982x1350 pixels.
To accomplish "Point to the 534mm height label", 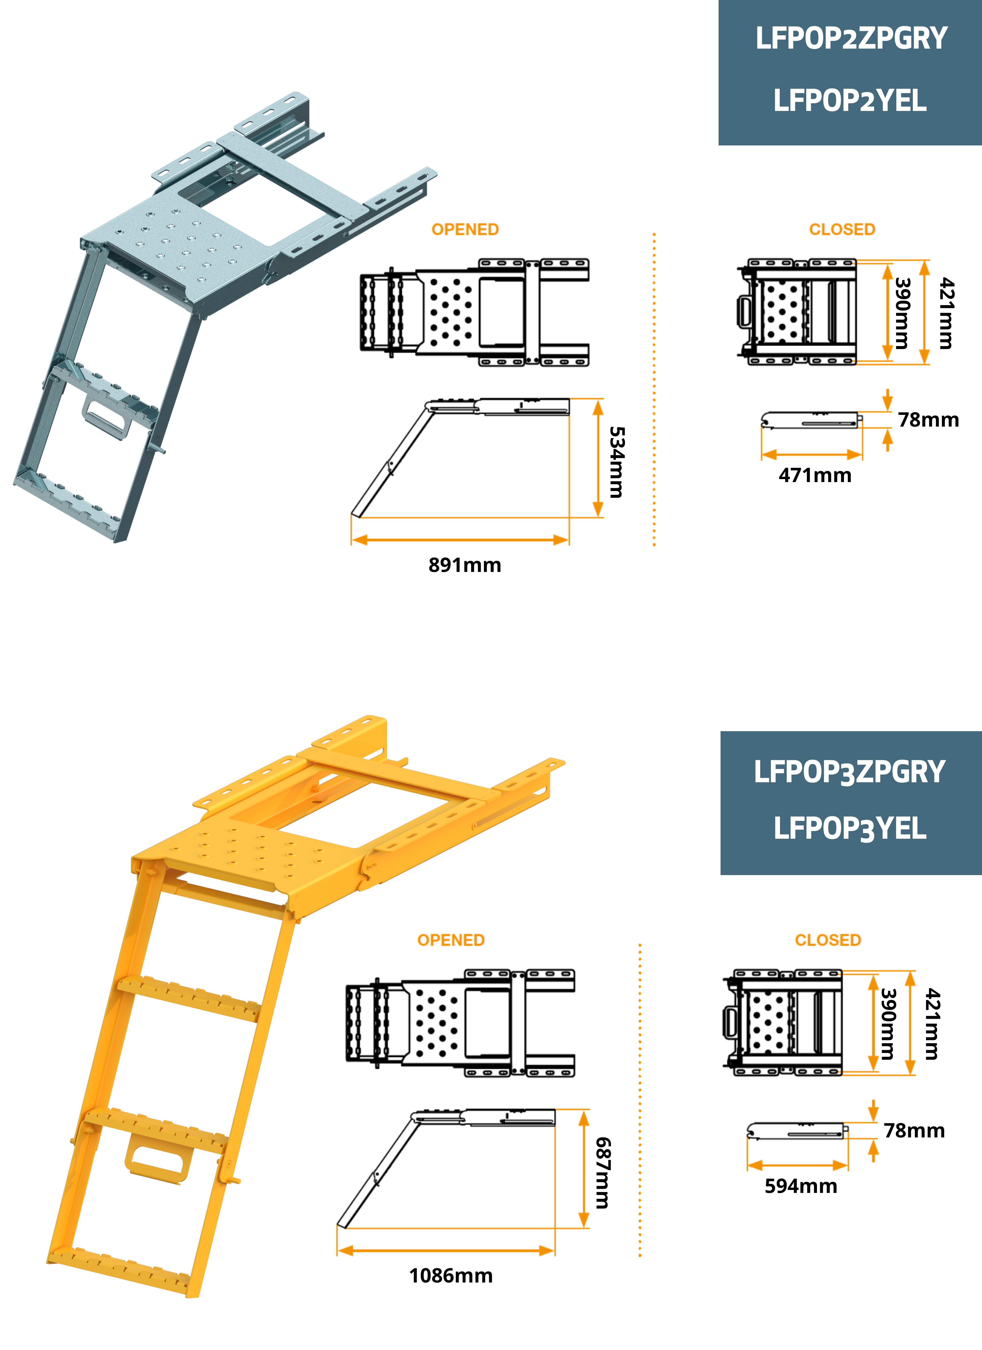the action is tap(617, 462).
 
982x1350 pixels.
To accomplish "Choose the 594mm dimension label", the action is tap(801, 1186).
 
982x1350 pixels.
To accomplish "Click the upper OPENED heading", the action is tap(465, 229).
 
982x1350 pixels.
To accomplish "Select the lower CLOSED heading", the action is tap(828, 940).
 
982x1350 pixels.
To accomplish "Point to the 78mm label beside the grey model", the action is tap(928, 420).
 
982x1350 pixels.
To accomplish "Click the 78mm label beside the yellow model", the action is tap(914, 1130).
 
